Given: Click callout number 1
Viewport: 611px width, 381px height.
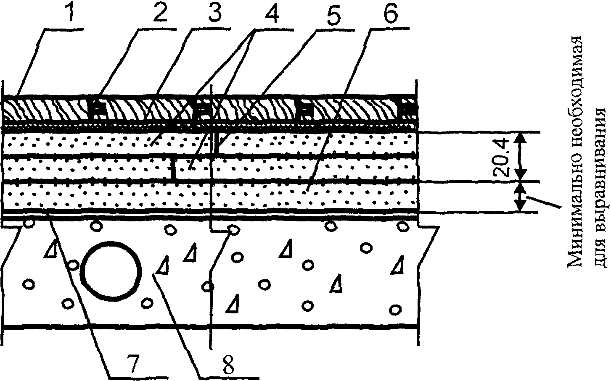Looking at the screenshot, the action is coord(69,14).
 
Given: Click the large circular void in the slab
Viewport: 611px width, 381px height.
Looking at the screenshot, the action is coord(111,271).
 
